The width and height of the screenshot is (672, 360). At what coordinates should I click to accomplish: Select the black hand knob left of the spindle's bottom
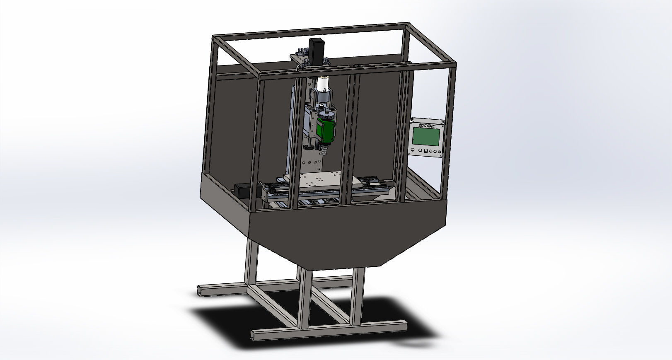coord(309,147)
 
